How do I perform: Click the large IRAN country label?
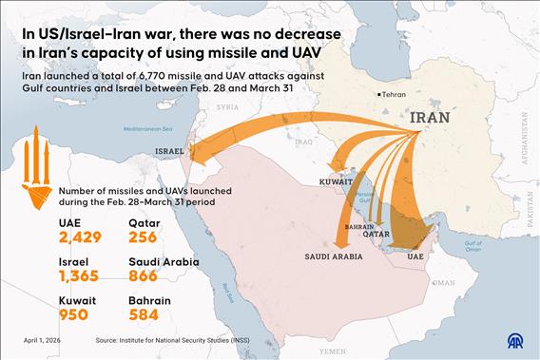(436, 118)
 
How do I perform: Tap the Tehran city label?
(395, 94)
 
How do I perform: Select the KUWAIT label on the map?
(335, 180)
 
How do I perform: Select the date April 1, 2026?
(47, 339)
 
